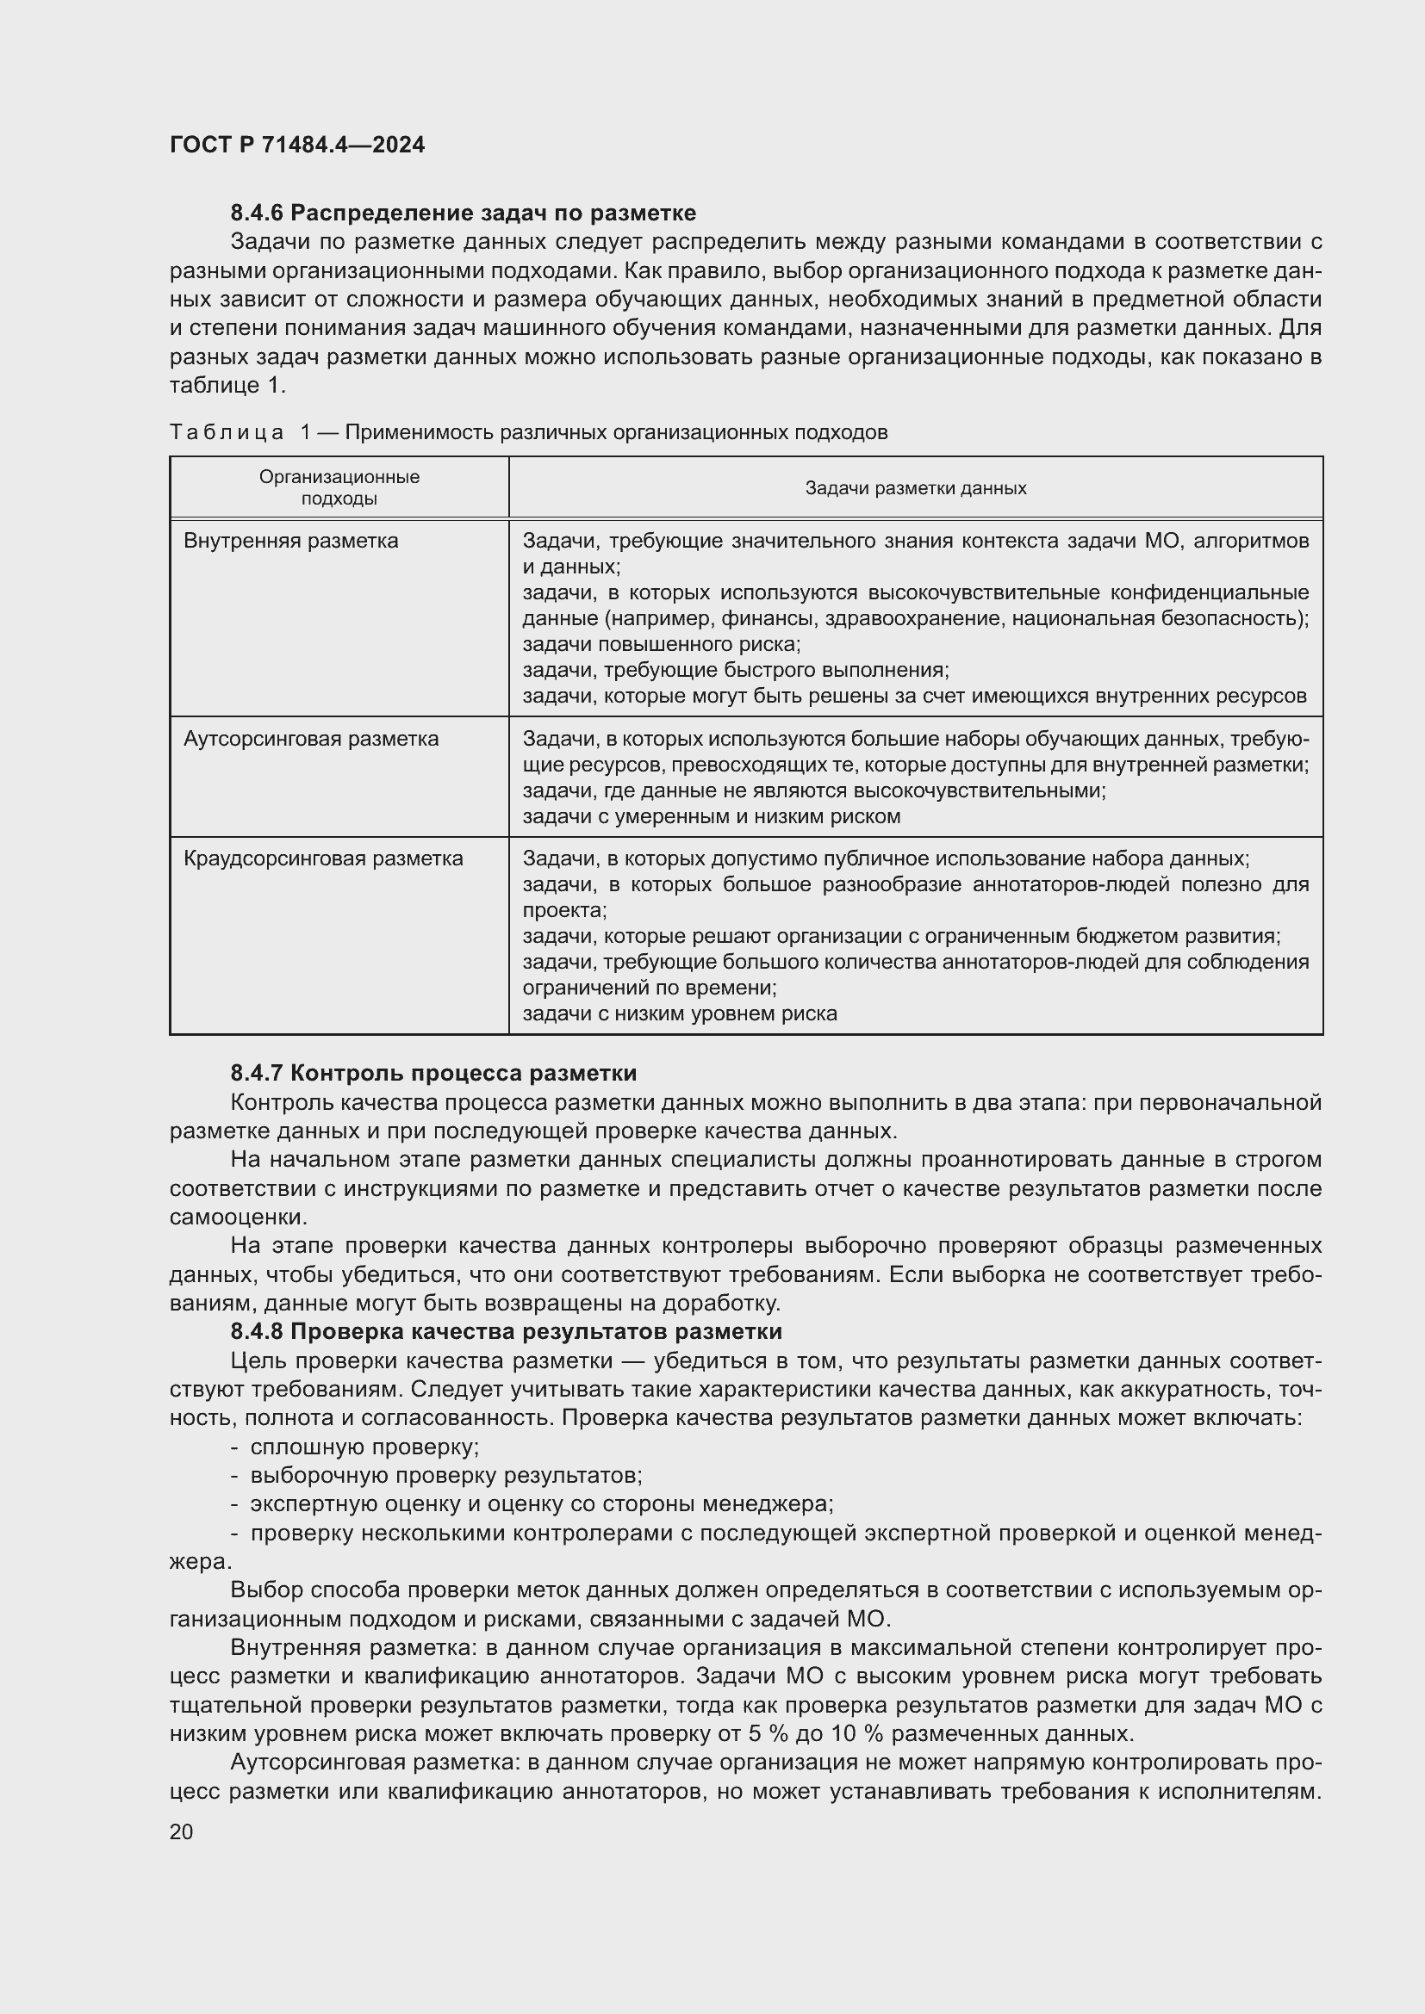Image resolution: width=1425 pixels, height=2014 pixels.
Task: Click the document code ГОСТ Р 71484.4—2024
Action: [296, 145]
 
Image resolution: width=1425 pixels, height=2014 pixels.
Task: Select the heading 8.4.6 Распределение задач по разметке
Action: [464, 214]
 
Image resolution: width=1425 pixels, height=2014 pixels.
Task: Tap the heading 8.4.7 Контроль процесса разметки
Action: [433, 1073]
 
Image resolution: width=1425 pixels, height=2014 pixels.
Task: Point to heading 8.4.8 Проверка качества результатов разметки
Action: [507, 1331]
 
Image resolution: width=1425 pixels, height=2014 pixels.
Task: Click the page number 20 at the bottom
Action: [182, 1831]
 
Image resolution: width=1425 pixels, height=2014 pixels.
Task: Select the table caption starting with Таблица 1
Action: [528, 432]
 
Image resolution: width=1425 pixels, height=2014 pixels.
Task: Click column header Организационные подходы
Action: [339, 487]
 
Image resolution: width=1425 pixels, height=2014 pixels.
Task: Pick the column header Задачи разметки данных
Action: [915, 487]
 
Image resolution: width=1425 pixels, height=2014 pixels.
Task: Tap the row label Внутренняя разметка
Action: [290, 542]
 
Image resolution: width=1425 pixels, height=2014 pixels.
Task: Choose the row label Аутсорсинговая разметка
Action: [311, 739]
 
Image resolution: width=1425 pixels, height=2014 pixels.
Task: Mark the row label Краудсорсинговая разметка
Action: [323, 858]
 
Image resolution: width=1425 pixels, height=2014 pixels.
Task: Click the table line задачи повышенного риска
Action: [662, 645]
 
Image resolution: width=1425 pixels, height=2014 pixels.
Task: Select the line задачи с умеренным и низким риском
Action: [712, 816]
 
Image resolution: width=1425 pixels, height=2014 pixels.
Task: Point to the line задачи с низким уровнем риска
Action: [680, 1014]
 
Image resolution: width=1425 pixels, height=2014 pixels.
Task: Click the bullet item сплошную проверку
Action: [364, 1447]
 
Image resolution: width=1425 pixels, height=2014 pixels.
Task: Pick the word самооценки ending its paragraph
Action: [239, 1218]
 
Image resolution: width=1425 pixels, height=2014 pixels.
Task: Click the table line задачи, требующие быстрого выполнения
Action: [736, 670]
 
